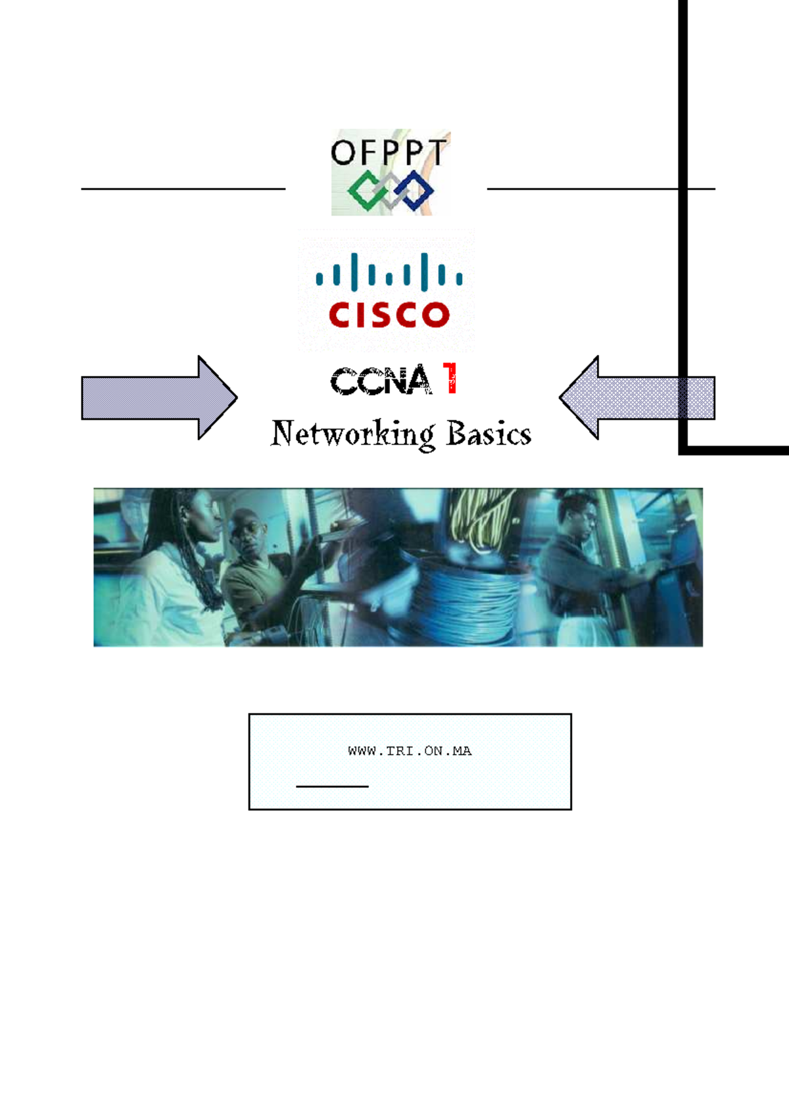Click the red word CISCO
coord(389,315)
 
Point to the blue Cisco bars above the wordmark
coord(389,273)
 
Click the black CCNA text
coord(381,381)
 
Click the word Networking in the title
coord(353,434)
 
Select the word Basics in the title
coord(489,434)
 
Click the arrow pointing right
coord(158,398)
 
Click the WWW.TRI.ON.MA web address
coord(410,751)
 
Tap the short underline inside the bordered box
coord(332,786)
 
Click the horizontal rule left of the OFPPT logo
coord(183,189)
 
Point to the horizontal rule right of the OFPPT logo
coord(600,189)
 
